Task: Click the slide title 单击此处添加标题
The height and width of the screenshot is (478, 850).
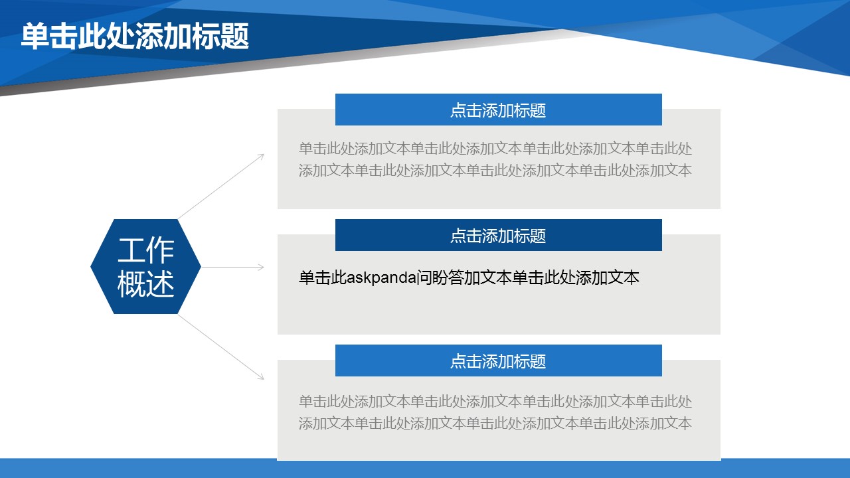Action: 135,36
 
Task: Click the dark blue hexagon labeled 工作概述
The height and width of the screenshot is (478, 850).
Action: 145,266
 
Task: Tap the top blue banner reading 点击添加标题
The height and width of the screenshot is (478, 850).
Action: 498,110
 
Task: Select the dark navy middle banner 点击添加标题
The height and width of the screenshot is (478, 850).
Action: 498,235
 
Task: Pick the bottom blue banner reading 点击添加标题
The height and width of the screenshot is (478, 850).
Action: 498,360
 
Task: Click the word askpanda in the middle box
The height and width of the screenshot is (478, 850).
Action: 381,278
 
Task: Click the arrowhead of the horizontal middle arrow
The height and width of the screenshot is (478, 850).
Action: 262,267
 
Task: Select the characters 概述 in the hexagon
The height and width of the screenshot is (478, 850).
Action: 145,283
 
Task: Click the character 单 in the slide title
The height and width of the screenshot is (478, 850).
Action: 35,36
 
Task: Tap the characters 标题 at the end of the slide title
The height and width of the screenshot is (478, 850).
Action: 220,36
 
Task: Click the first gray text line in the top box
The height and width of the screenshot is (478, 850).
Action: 495,148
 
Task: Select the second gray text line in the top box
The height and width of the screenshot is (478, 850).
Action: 495,171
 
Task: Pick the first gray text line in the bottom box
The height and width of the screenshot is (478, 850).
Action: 495,401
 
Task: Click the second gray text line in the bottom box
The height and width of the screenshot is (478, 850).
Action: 495,423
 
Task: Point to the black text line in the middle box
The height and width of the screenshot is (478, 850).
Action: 469,278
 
